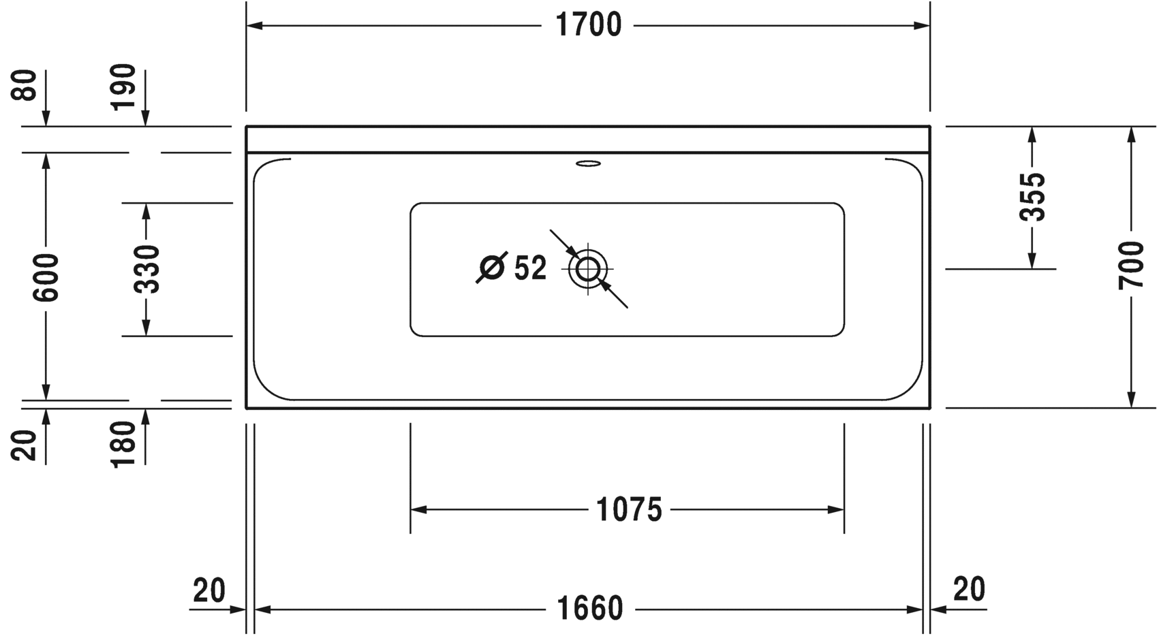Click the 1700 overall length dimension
(x=589, y=26)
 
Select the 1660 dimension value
(x=589, y=609)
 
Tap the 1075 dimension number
(x=629, y=509)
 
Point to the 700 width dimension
(x=1131, y=266)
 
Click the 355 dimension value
(x=1032, y=197)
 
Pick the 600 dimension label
(x=47, y=277)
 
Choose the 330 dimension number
(x=146, y=269)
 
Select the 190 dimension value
(x=124, y=87)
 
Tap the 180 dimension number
(x=124, y=444)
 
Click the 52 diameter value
(x=530, y=268)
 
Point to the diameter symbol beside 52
(x=491, y=267)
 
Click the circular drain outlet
(x=587, y=269)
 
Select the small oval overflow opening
(x=588, y=163)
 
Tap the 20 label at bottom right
(x=969, y=589)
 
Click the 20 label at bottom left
(x=208, y=590)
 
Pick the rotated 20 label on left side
(x=25, y=445)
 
